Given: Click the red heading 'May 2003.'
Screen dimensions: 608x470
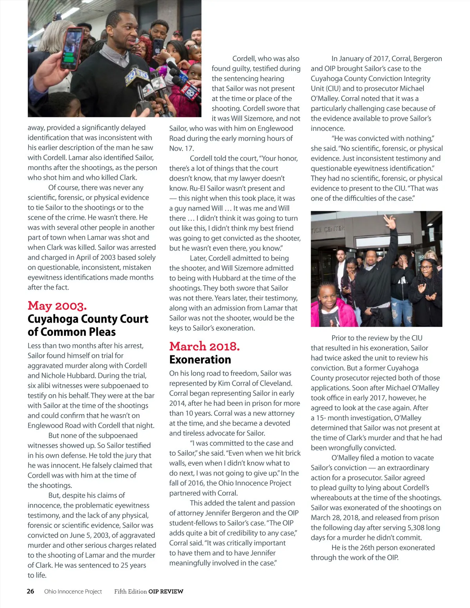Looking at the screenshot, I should [57, 306].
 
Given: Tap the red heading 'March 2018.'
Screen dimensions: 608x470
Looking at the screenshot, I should [204, 346].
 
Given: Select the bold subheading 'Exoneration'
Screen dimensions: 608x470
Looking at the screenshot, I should [200, 359].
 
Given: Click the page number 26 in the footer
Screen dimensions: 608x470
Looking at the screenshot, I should [31, 591].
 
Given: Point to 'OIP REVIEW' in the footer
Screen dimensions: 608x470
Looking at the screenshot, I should [166, 592].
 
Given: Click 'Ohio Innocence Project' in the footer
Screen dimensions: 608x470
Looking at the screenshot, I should [73, 592].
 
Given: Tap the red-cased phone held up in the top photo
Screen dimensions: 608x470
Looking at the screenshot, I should [72, 48].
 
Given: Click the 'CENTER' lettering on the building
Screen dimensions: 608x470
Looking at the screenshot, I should [334, 229].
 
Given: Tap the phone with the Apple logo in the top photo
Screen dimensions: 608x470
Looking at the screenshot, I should [158, 46].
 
